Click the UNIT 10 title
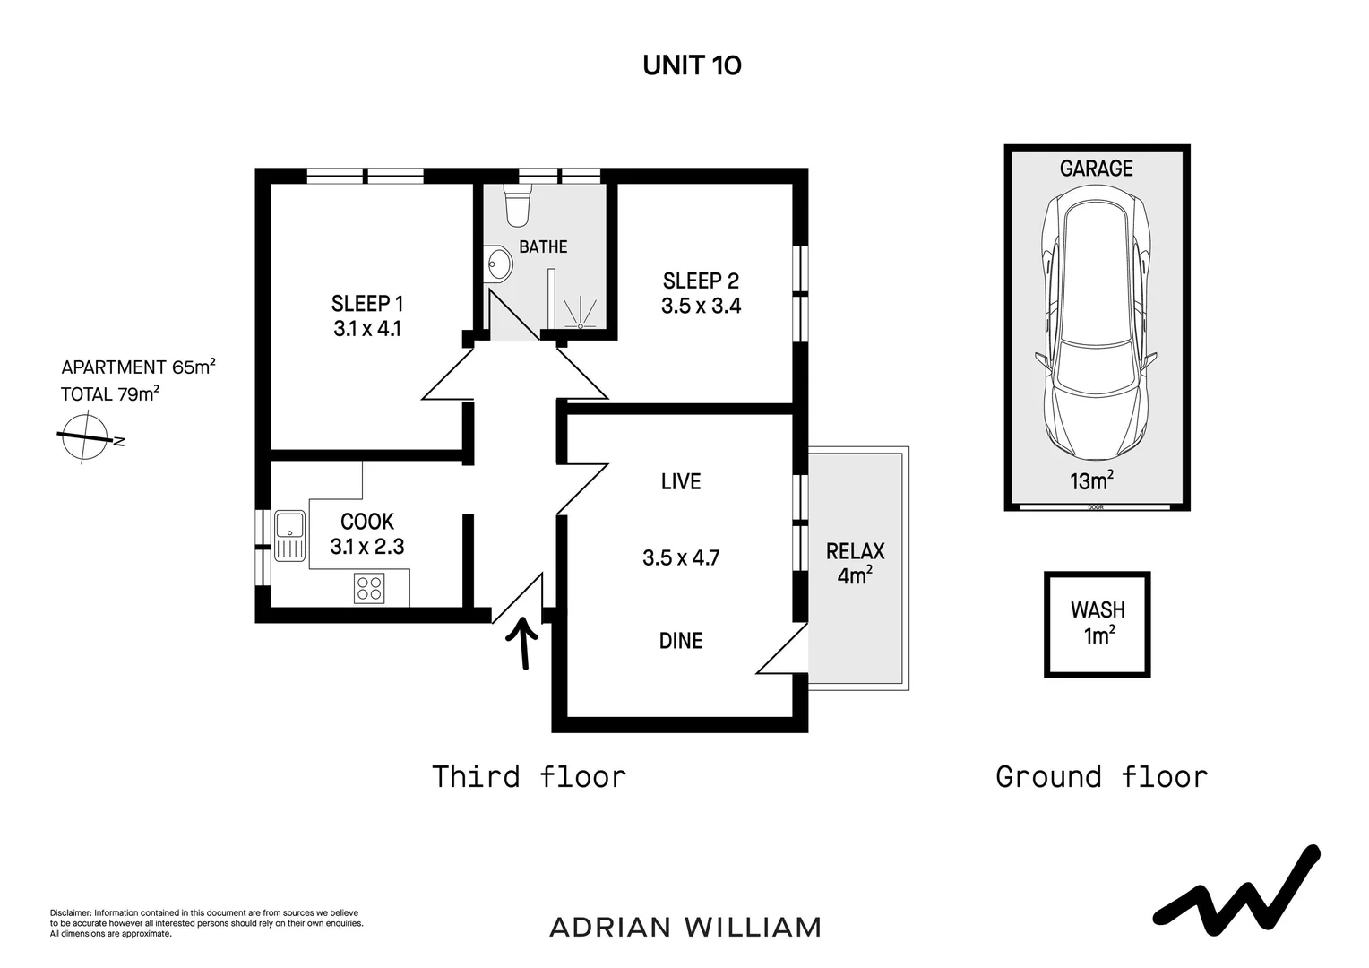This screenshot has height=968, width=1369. click(692, 65)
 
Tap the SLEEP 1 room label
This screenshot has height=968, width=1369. click(367, 303)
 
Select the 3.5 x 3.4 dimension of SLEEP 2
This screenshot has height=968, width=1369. click(701, 306)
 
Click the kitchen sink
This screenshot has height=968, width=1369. click(289, 535)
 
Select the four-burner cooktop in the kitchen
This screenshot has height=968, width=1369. click(369, 588)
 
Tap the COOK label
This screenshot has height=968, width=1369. click(367, 522)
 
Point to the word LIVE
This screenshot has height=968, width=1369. click(681, 482)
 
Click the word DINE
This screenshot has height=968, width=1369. click(681, 641)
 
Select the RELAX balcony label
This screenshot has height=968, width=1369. click(855, 551)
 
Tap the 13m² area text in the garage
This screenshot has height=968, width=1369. click(1092, 481)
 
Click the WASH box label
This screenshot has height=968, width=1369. click(1098, 610)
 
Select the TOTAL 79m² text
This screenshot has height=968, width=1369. click(110, 393)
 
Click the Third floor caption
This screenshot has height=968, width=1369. click(529, 776)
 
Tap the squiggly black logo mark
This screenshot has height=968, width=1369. click(1236, 888)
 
